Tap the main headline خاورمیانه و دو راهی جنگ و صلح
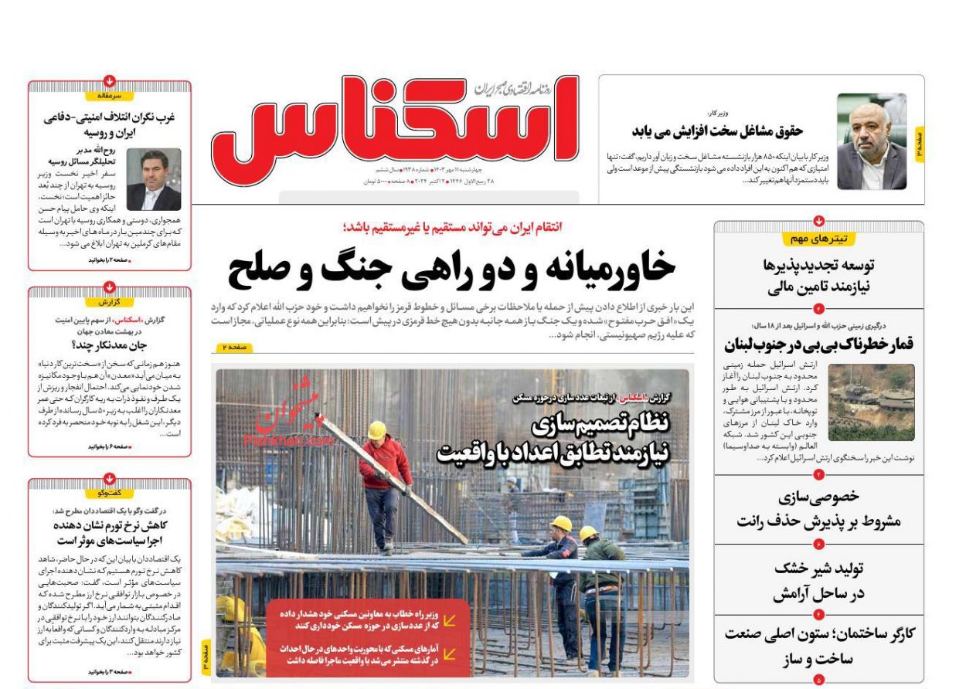point(451,268)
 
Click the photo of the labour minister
point(872,142)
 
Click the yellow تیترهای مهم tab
point(818,239)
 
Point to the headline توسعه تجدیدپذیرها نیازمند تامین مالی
point(819,277)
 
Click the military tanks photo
point(871,402)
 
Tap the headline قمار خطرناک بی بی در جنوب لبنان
point(819,344)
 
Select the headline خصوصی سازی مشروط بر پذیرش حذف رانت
point(819,509)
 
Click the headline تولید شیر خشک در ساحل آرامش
point(819,581)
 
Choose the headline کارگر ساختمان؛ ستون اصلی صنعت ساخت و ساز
point(819,647)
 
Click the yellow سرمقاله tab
point(110,96)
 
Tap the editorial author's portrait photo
point(153,180)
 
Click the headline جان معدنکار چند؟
point(109,345)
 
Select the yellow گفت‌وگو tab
point(110,493)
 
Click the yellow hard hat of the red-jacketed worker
point(377,430)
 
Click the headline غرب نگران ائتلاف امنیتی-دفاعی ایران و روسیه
point(109,124)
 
